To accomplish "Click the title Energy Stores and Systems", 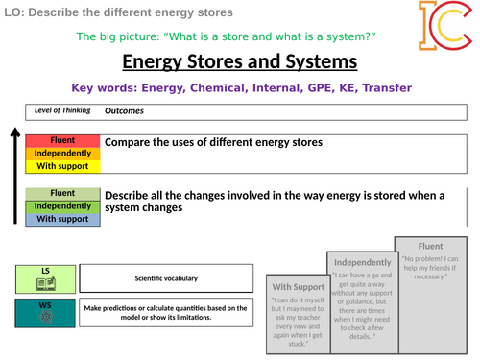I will click(x=240, y=62).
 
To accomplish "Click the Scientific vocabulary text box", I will click(x=166, y=278).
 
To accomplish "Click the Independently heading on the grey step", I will click(x=362, y=262).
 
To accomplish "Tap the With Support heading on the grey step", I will click(x=298, y=286).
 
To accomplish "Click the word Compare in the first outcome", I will click(x=132, y=142).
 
